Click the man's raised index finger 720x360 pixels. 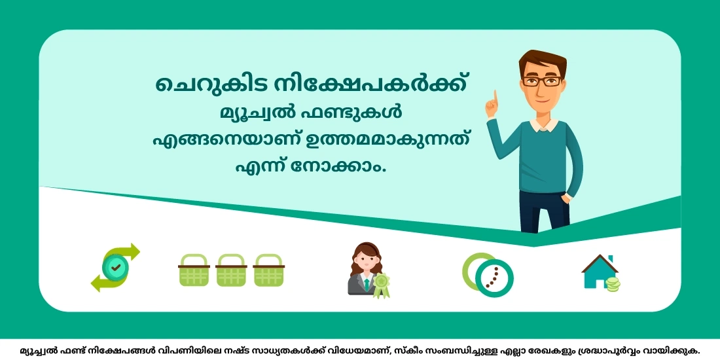(x=495, y=98)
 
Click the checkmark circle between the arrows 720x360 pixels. (x=116, y=268)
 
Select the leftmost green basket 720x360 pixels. (x=194, y=271)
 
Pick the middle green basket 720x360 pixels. (x=230, y=271)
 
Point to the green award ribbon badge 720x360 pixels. (x=380, y=285)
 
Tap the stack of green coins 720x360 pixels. (x=613, y=284)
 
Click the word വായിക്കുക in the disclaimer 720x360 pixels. (x=675, y=350)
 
